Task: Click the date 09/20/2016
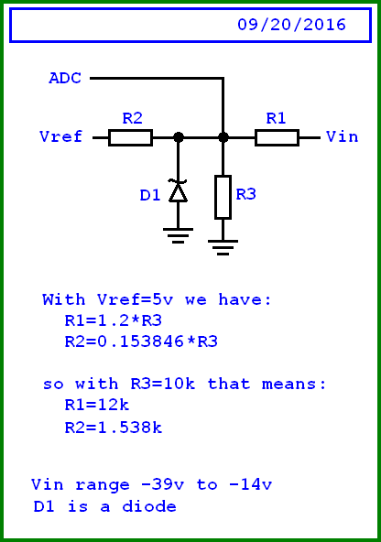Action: [x=291, y=26]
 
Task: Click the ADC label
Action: [x=65, y=79]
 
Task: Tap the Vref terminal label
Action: [x=61, y=137]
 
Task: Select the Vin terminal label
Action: [x=342, y=137]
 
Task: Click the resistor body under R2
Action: [x=130, y=137]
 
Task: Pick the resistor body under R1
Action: [x=277, y=137]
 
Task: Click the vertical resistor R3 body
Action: [x=223, y=197]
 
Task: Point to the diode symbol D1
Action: [x=178, y=190]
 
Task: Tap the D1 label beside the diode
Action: [x=150, y=195]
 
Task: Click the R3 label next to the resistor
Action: [x=245, y=195]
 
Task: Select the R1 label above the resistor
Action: [x=276, y=118]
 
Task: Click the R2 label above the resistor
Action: [x=132, y=118]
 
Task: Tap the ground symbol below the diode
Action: [x=178, y=234]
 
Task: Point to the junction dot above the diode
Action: [x=178, y=137]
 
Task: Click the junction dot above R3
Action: [x=223, y=137]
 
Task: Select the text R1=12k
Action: [x=96, y=405]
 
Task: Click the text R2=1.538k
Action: [x=114, y=427]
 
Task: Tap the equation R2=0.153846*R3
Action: [x=140, y=341]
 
